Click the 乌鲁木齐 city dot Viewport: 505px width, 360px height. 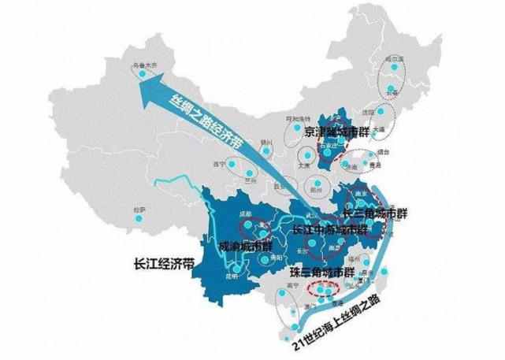click(x=142, y=73)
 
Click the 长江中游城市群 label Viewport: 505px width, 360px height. click(x=329, y=231)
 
